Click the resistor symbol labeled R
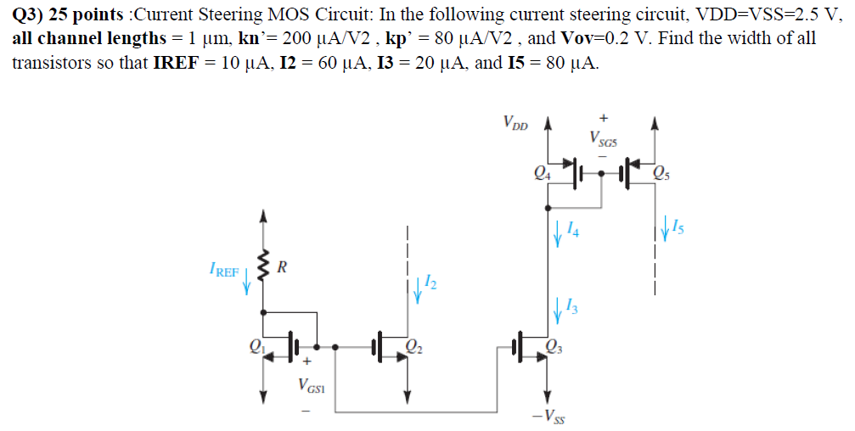[265, 269]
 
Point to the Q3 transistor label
[554, 345]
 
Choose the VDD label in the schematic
[515, 124]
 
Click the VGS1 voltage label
[310, 386]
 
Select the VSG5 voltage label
[604, 139]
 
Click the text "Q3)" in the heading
[29, 14]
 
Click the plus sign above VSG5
[604, 119]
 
